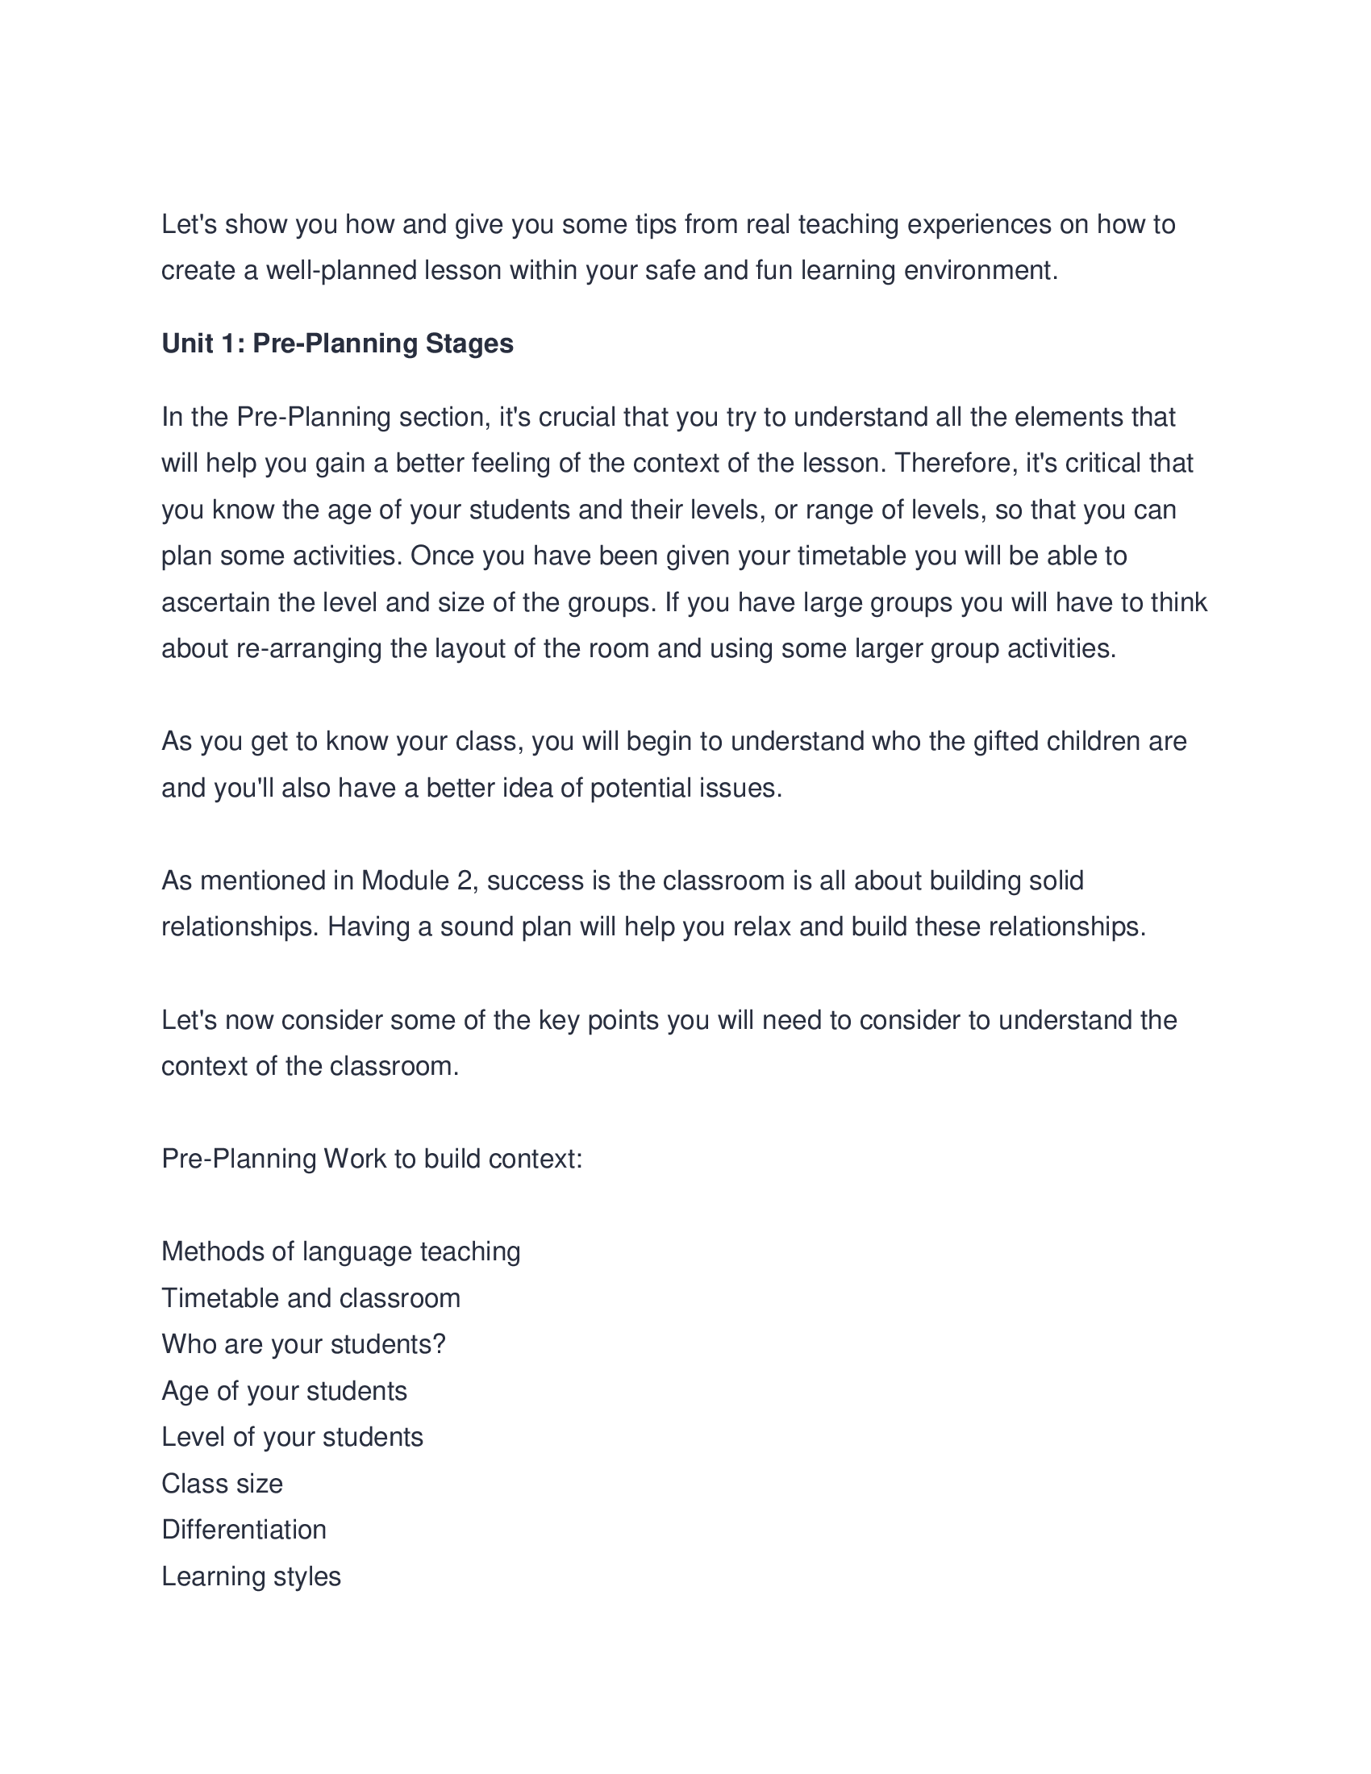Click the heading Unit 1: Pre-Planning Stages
[x=337, y=344]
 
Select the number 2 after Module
[x=464, y=881]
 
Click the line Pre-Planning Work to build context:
[x=372, y=1158]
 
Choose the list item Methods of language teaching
[x=341, y=1251]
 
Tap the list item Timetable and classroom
[x=311, y=1298]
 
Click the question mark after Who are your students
[x=440, y=1344]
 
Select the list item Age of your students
[x=284, y=1391]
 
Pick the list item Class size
[x=223, y=1484]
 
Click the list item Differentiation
[x=244, y=1530]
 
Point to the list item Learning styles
[x=251, y=1576]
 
